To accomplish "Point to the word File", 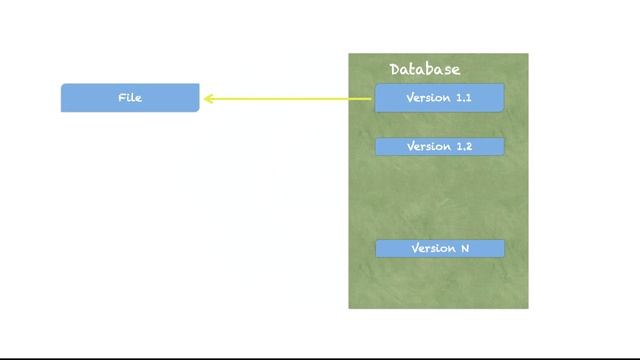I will (130, 98).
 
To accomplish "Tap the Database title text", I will (425, 69).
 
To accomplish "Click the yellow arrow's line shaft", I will (290, 99).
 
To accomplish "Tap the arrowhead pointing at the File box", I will (208, 99).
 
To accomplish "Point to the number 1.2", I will (462, 147).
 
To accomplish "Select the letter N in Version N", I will (464, 248).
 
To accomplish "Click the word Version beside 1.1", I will (428, 98).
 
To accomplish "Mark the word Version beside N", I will (433, 248).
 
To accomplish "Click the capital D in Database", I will (396, 69).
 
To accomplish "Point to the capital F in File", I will (122, 98).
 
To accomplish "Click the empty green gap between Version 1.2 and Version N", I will (438, 198).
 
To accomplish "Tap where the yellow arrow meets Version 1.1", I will (374, 99).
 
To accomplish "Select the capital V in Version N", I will (415, 248).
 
